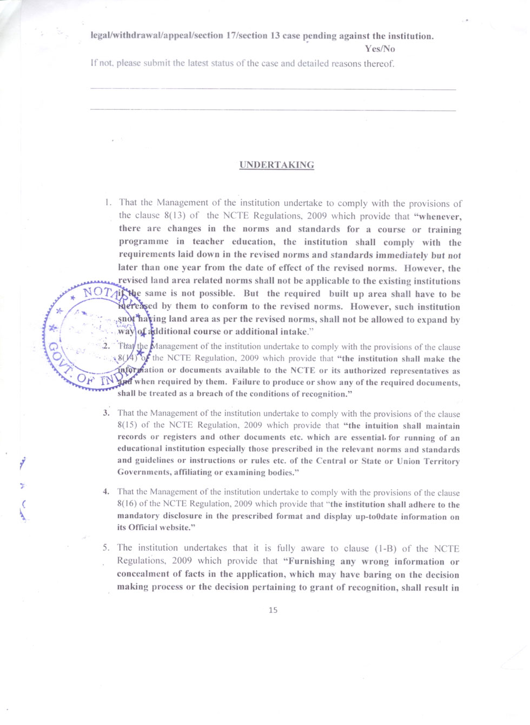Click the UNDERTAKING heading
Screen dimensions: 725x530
tap(276, 165)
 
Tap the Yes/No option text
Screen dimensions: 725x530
tap(380, 49)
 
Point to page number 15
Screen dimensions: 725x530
tap(273, 610)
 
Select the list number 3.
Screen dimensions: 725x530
tap(107, 413)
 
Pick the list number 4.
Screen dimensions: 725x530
tap(107, 491)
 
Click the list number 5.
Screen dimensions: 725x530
tap(106, 548)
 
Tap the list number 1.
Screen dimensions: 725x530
tap(108, 202)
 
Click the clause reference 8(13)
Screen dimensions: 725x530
tap(174, 215)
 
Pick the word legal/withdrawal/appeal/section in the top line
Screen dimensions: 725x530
tap(157, 36)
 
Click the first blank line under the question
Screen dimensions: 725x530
tap(273, 89)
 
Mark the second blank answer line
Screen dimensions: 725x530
tap(273, 110)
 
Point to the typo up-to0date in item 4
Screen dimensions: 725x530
tap(382, 516)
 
